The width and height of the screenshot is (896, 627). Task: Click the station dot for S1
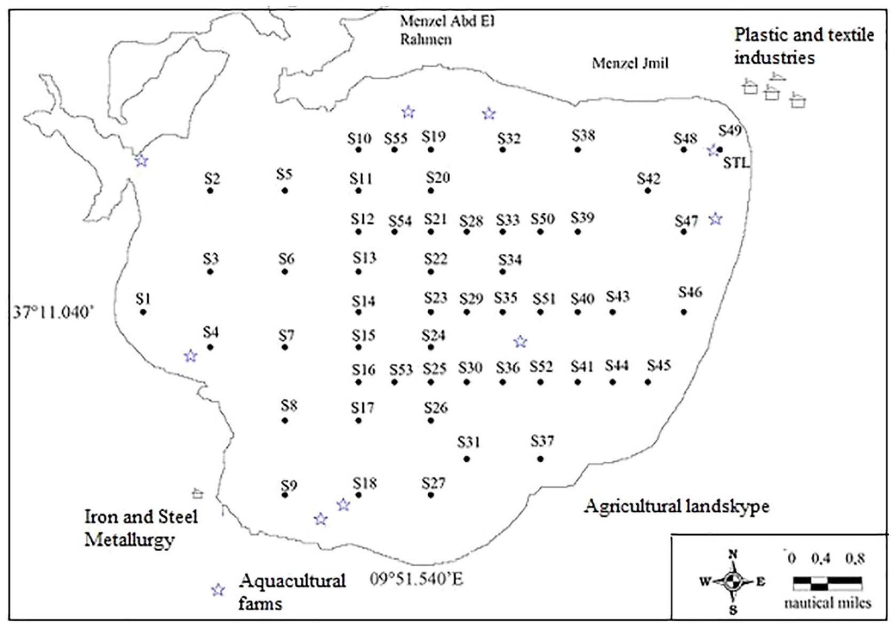tap(143, 312)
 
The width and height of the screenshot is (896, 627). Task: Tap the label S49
tap(730, 130)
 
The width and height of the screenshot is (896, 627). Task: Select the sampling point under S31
tap(467, 459)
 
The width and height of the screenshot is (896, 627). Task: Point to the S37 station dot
tap(540, 459)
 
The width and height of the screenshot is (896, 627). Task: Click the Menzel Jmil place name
tap(630, 63)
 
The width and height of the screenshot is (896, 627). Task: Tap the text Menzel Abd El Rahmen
tap(447, 30)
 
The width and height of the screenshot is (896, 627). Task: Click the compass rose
tap(733, 582)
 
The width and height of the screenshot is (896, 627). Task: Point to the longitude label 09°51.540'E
tap(416, 579)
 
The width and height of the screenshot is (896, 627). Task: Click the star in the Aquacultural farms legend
tap(218, 590)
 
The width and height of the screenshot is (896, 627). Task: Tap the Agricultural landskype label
tap(676, 506)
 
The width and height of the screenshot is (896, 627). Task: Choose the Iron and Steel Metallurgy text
tap(140, 528)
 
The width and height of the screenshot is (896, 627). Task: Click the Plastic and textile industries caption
tap(804, 46)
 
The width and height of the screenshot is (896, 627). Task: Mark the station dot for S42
tap(647, 191)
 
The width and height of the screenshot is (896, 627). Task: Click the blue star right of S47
tap(715, 219)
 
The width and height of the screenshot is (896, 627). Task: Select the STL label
tap(736, 163)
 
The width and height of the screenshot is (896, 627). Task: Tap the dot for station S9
tap(285, 495)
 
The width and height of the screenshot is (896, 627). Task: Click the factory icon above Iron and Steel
tap(197, 493)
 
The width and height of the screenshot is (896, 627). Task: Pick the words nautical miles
tap(827, 603)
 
